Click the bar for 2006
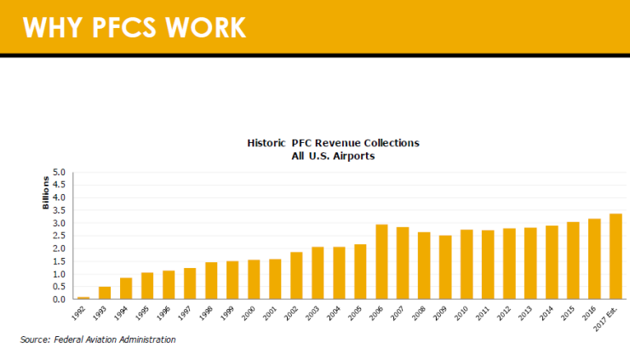pyautogui.click(x=381, y=262)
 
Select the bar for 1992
pyautogui.click(x=83, y=298)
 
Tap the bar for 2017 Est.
pyautogui.click(x=616, y=256)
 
